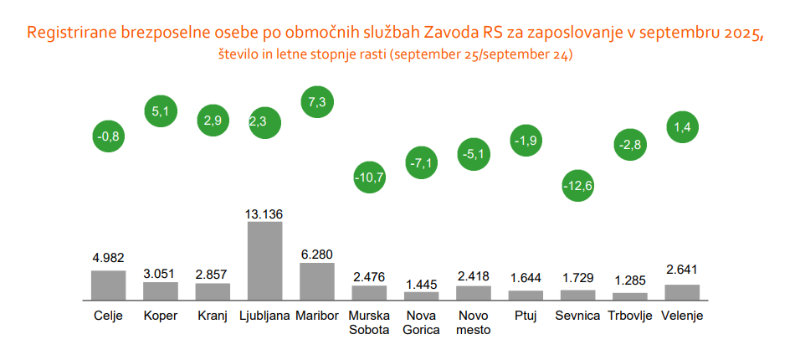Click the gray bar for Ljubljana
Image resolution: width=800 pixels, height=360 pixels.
(264, 260)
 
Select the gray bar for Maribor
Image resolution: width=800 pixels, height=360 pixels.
(317, 281)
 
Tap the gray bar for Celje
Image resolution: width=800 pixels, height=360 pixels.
(108, 285)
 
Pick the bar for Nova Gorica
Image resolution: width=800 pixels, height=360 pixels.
(422, 296)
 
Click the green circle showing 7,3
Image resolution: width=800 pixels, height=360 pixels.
(317, 100)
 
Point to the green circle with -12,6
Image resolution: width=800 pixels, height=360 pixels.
(578, 185)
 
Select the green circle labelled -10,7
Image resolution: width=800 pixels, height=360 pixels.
(369, 177)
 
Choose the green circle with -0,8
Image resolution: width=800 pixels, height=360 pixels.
(108, 135)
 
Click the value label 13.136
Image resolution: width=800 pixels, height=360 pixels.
(264, 213)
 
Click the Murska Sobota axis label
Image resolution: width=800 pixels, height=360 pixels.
(369, 322)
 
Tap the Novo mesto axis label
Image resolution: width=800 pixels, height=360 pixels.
(474, 322)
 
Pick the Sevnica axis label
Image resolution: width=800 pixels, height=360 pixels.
(578, 316)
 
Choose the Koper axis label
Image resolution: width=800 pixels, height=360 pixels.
(160, 316)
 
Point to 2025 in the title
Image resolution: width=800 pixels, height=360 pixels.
(741, 33)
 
